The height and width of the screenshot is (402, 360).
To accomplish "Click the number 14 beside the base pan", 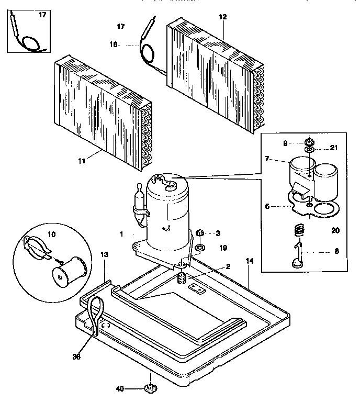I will pyautogui.click(x=249, y=261).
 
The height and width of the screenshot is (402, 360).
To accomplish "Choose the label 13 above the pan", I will pyautogui.click(x=104, y=255).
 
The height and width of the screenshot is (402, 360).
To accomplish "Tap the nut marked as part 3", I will pyautogui.click(x=199, y=232).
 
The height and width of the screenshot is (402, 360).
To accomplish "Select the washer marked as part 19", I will pyautogui.click(x=200, y=247).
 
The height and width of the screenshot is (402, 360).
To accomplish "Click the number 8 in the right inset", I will pyautogui.click(x=336, y=251).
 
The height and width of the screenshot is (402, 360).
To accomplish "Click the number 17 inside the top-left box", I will pyautogui.click(x=42, y=15).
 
